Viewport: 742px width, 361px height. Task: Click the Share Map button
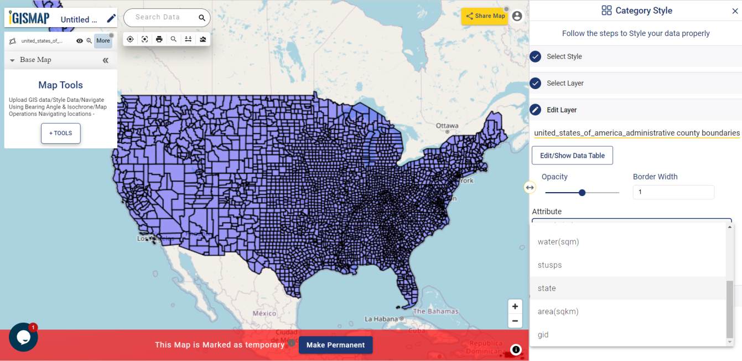click(485, 16)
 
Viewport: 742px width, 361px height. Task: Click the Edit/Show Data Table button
click(572, 156)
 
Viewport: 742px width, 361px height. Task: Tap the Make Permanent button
click(335, 345)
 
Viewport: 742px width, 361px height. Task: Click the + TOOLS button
click(61, 133)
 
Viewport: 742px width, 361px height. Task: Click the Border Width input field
click(673, 192)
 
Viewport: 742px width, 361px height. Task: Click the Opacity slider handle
click(582, 193)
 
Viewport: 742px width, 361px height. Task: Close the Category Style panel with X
click(735, 11)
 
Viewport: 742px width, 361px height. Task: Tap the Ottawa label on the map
click(447, 126)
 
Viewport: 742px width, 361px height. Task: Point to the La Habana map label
click(381, 319)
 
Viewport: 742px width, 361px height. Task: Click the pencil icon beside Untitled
click(111, 19)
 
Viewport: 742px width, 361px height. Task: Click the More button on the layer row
click(103, 40)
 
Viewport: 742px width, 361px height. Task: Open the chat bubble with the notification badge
click(23, 337)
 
